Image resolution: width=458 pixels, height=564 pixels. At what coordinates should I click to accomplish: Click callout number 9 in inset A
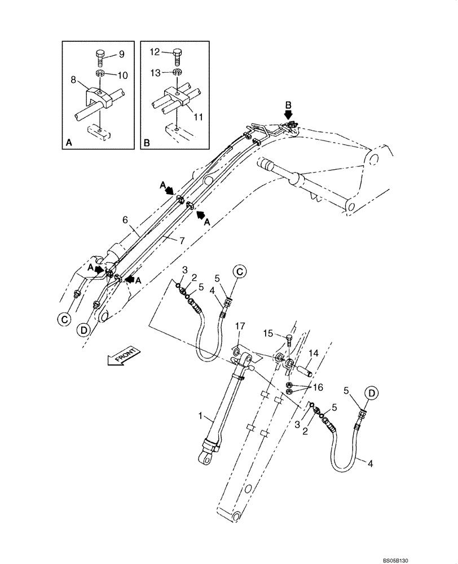click(x=121, y=54)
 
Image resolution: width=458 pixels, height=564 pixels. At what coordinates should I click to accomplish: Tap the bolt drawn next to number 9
click(x=99, y=56)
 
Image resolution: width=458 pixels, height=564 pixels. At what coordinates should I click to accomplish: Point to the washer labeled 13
click(x=177, y=72)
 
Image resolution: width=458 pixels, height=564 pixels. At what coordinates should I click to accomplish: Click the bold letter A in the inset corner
click(x=69, y=144)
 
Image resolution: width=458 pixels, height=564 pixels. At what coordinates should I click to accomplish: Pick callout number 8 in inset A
click(x=73, y=81)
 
